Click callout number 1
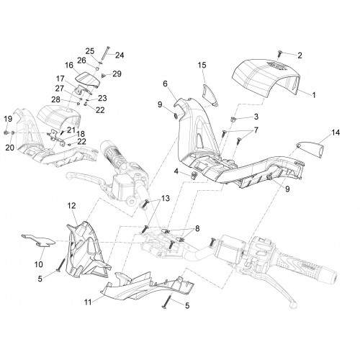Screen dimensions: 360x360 click(x=314, y=95)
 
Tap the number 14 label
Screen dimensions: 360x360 click(x=336, y=132)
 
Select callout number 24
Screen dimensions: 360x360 click(x=120, y=55)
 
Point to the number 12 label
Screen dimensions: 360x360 click(x=71, y=206)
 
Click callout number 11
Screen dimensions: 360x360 click(x=88, y=302)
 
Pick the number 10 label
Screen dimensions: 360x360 click(x=39, y=264)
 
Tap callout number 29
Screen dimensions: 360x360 click(x=117, y=73)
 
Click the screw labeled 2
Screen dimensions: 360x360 click(x=279, y=54)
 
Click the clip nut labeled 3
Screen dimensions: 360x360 click(x=233, y=119)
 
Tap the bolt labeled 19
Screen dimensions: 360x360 click(x=6, y=132)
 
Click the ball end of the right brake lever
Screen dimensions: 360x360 click(x=293, y=305)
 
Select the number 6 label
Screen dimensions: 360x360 click(x=165, y=84)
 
